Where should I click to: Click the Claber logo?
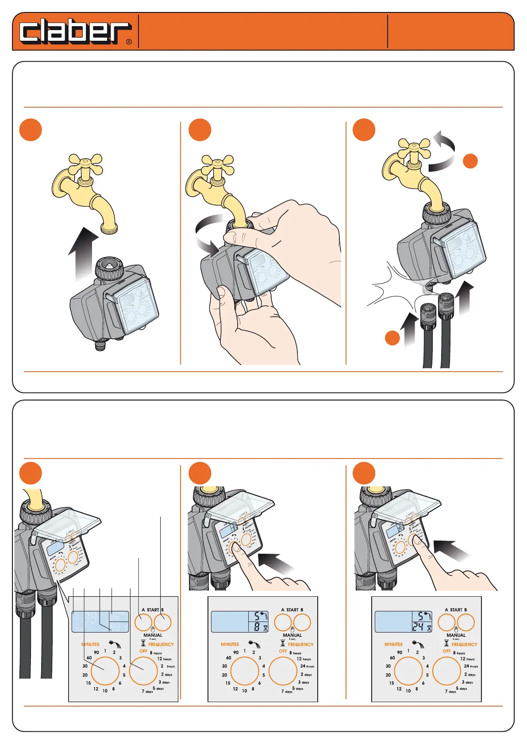pos(75,31)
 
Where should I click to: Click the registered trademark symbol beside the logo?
pos(129,42)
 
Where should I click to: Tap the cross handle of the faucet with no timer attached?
pos(86,164)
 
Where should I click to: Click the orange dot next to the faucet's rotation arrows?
pos(470,161)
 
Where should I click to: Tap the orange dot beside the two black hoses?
pos(392,338)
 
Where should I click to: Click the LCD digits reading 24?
pos(418,627)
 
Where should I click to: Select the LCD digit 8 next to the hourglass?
pos(257,627)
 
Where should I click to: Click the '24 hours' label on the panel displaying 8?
pos(307,666)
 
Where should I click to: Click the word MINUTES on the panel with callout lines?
pos(90,645)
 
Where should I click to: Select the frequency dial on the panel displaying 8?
pos(283,671)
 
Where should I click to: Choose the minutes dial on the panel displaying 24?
pos(408,671)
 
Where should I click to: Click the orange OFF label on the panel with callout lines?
pos(143,651)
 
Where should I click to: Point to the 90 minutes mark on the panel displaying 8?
pos(236,653)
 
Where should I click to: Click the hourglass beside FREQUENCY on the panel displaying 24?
pos(446,643)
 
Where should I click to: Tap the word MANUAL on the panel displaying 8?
pos(292,635)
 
